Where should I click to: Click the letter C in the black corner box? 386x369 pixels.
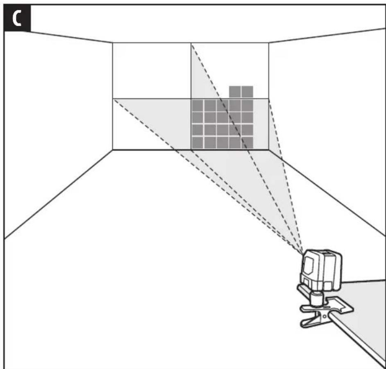17,18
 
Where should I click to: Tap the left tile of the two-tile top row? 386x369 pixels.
235,92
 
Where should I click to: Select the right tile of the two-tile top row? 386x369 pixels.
247,92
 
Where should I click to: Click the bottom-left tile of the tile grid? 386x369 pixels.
198,143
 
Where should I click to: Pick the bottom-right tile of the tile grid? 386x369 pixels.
247,143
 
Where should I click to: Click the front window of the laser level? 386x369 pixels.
308,265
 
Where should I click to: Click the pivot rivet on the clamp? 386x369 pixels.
325,316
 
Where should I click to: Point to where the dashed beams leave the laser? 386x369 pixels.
302,253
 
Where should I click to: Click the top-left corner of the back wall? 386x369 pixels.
113,43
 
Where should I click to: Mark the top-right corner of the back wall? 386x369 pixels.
268,43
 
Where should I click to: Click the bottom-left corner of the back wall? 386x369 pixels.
113,149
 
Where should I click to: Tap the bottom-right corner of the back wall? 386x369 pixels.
268,149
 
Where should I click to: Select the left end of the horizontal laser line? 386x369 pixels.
113,99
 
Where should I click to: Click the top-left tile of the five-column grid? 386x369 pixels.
198,106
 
